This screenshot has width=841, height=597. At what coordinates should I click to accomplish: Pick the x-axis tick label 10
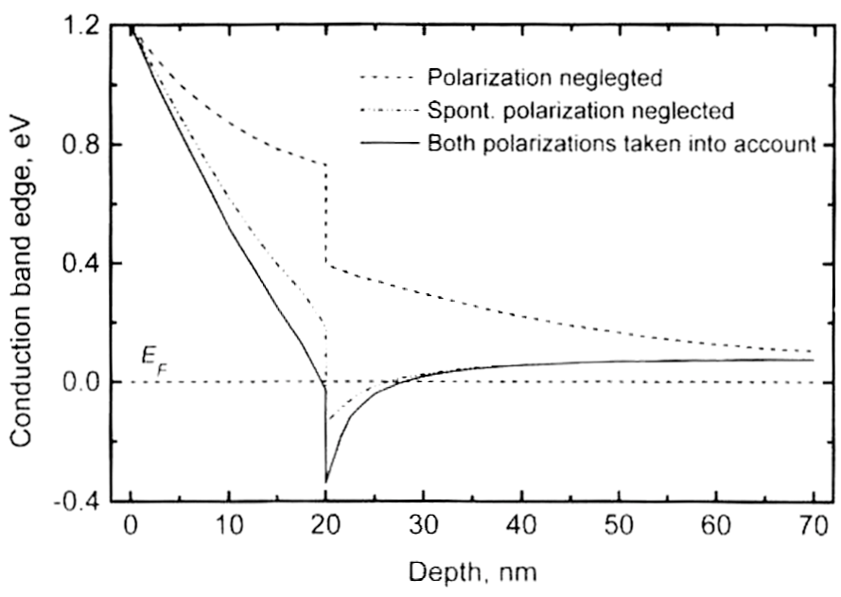coord(228,525)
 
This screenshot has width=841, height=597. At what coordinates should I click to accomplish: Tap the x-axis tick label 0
coord(131,525)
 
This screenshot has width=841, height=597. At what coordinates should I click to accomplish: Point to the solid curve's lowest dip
coord(326,482)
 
